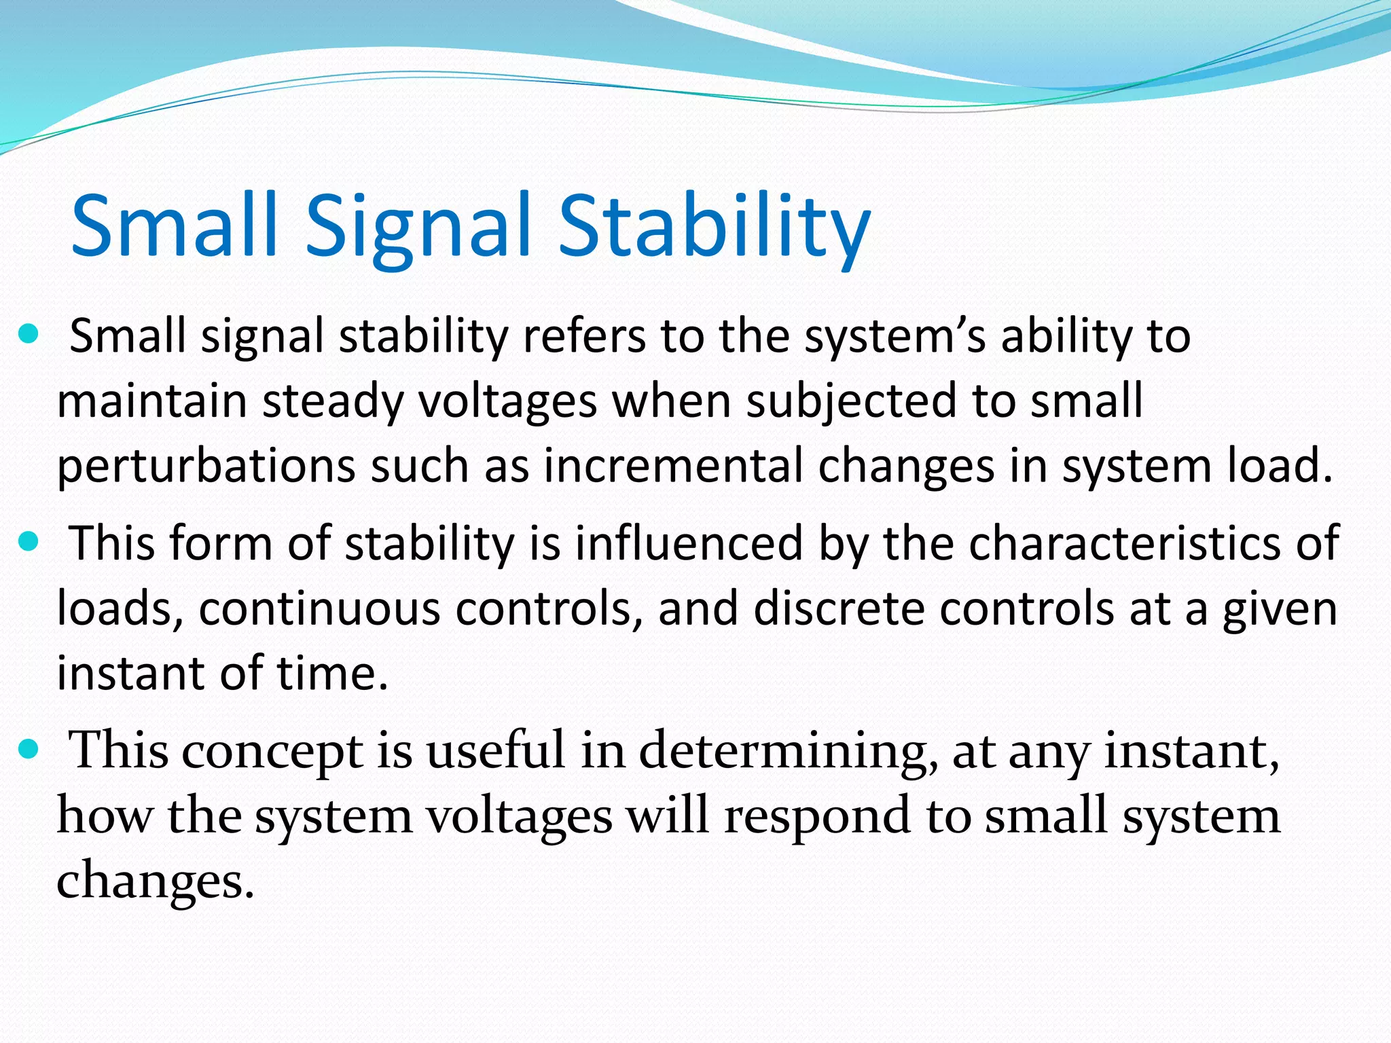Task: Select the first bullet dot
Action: [x=28, y=335]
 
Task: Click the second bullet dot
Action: [x=28, y=543]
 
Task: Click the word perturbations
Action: [x=206, y=466]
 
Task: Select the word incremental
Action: [x=672, y=466]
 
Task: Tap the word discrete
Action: [x=839, y=608]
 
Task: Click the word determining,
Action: [x=788, y=751]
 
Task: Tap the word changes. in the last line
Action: [x=155, y=881]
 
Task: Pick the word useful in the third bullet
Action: [x=496, y=751]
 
